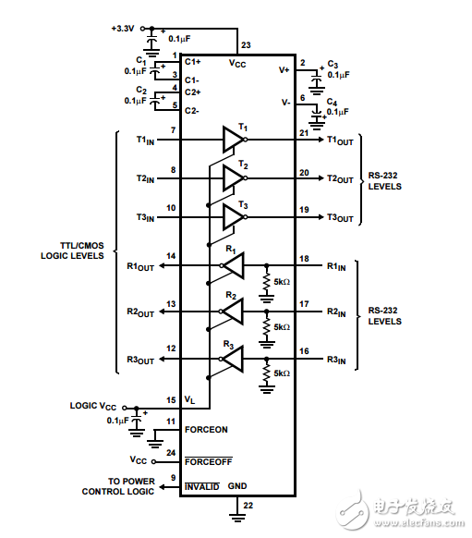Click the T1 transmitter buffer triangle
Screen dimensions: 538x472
232,140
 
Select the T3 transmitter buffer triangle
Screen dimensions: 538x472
232,217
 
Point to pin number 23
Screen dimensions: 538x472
245,45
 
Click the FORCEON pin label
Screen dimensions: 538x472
205,430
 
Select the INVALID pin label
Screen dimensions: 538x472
202,485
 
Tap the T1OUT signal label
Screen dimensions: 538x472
340,141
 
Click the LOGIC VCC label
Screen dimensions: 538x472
94,406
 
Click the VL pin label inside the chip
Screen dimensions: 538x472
190,400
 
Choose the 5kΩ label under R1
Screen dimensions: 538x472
279,282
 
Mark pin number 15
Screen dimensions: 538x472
171,399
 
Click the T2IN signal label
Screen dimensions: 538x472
146,178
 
